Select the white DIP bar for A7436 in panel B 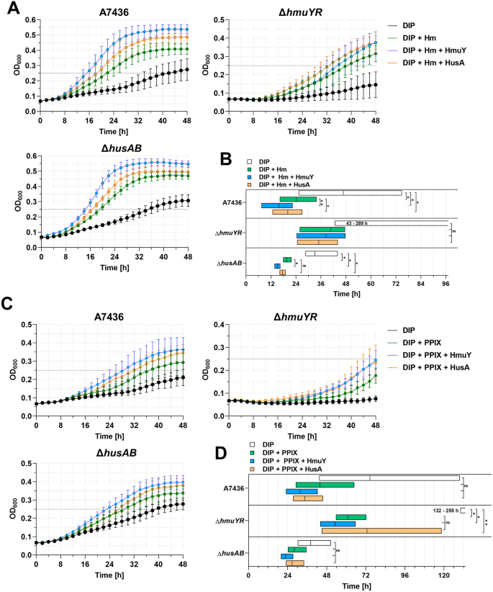350,192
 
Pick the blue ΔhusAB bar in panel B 277,266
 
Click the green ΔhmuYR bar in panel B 321,229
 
